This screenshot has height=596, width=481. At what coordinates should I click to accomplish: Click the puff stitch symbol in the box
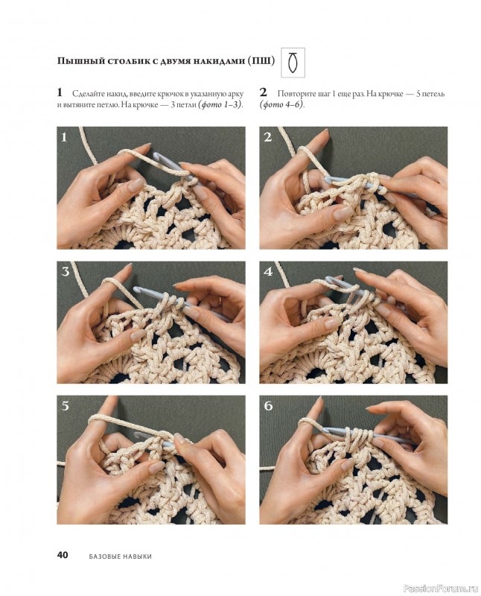pyautogui.click(x=292, y=63)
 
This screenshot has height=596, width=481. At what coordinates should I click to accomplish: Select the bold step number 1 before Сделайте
pyautogui.click(x=60, y=92)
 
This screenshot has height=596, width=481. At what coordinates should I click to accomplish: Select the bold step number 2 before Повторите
pyautogui.click(x=264, y=92)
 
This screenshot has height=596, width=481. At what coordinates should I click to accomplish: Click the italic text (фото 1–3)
pyautogui.click(x=220, y=105)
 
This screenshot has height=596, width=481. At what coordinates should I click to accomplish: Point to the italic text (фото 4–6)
pyautogui.click(x=282, y=105)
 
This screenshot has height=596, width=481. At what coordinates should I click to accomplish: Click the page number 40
pyautogui.click(x=63, y=554)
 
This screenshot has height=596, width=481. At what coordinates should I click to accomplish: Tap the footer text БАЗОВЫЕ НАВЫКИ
pyautogui.click(x=121, y=557)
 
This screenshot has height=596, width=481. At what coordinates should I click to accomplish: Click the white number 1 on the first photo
pyautogui.click(x=64, y=137)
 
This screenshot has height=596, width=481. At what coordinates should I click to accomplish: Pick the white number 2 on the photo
pyautogui.click(x=268, y=137)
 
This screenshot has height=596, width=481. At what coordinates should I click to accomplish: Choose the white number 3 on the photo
pyautogui.click(x=66, y=272)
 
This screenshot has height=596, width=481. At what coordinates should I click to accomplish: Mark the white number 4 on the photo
pyautogui.click(x=268, y=272)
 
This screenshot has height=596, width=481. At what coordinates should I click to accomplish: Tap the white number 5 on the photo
pyautogui.click(x=66, y=406)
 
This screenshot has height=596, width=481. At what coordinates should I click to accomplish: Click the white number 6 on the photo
pyautogui.click(x=268, y=406)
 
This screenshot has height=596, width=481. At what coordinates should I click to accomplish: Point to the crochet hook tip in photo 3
pyautogui.click(x=137, y=290)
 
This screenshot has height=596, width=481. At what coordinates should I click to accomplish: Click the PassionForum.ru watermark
pyautogui.click(x=441, y=589)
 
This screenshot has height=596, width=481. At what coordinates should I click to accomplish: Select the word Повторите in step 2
pyautogui.click(x=294, y=94)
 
